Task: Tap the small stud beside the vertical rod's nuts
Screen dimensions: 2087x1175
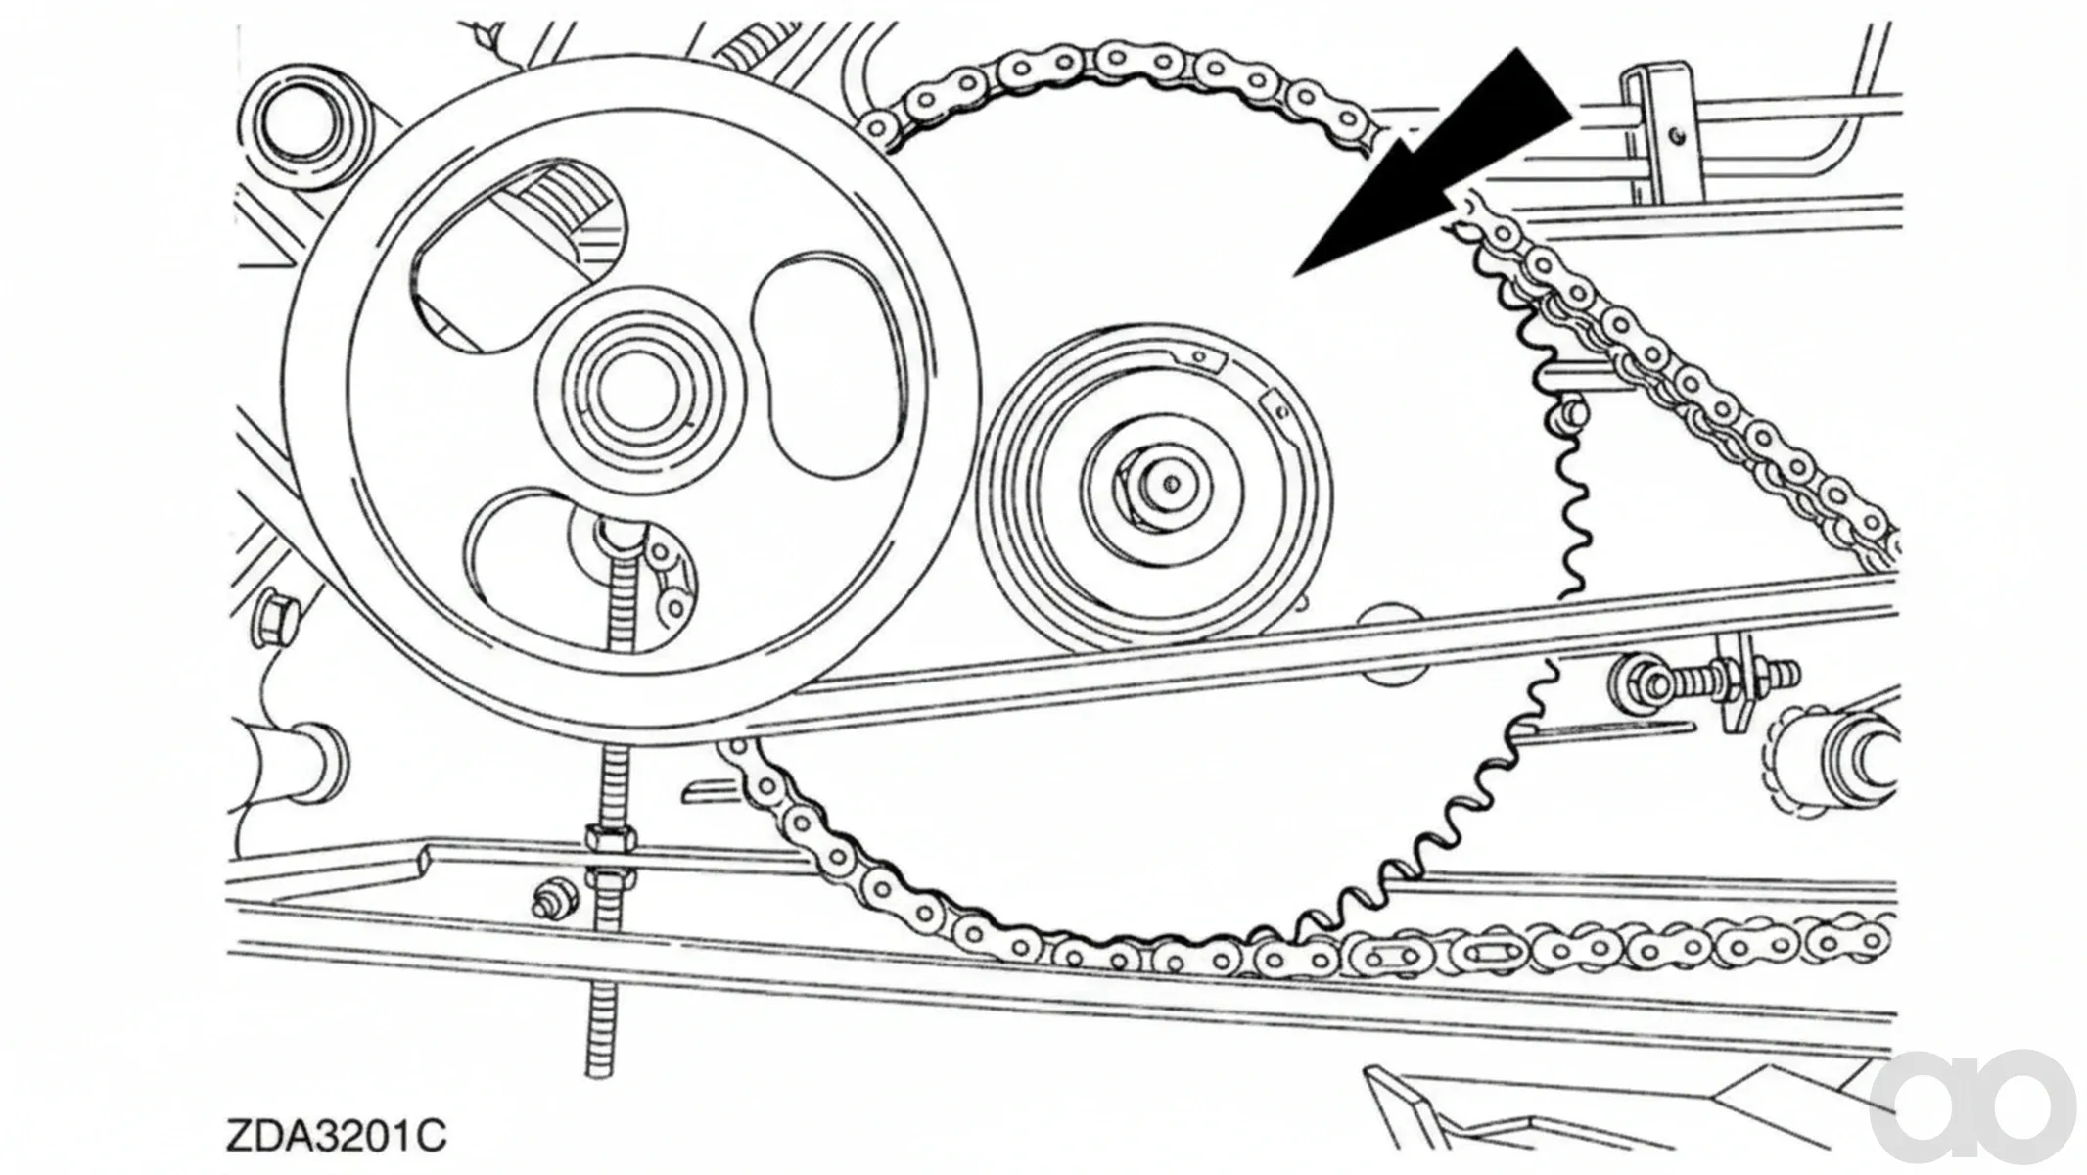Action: pyautogui.click(x=553, y=899)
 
